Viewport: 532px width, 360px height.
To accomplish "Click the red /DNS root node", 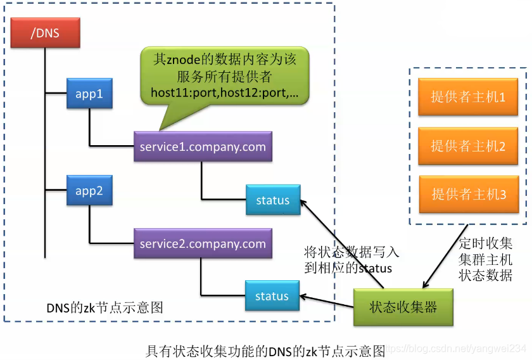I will coord(45,32).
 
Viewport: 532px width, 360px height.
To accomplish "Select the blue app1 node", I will coord(89,94).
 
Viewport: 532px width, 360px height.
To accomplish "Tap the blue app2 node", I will coord(89,190).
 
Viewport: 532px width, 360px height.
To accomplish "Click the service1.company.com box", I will coord(203,147).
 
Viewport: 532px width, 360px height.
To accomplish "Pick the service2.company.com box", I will coord(203,243).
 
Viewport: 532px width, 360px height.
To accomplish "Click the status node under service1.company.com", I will coord(272,200).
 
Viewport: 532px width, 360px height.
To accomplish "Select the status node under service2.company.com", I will coord(272,296).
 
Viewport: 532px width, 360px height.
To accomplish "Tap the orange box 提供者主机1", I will coord(468,97).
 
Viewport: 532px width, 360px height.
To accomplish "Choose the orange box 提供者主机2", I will coord(468,146).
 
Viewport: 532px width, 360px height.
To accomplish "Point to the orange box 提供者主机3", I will coord(469,195).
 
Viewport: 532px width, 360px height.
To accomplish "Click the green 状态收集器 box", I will coord(403,307).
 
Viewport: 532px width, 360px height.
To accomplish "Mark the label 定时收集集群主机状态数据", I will coord(486,259).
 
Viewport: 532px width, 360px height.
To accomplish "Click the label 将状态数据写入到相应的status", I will coord(351,260).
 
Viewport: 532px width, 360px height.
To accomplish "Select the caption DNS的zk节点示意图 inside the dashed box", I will coord(105,307).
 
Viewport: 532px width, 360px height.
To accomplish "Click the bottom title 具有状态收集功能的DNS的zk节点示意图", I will coord(266,349).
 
